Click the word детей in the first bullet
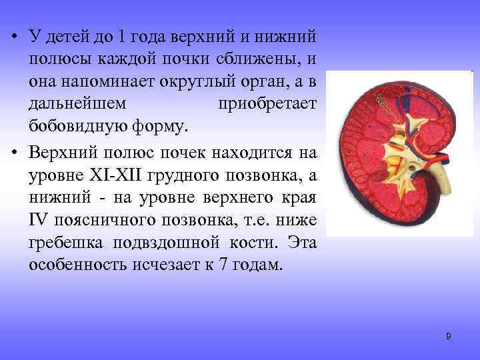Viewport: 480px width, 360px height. tap(66, 35)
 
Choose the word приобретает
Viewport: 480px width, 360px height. tap(267, 104)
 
